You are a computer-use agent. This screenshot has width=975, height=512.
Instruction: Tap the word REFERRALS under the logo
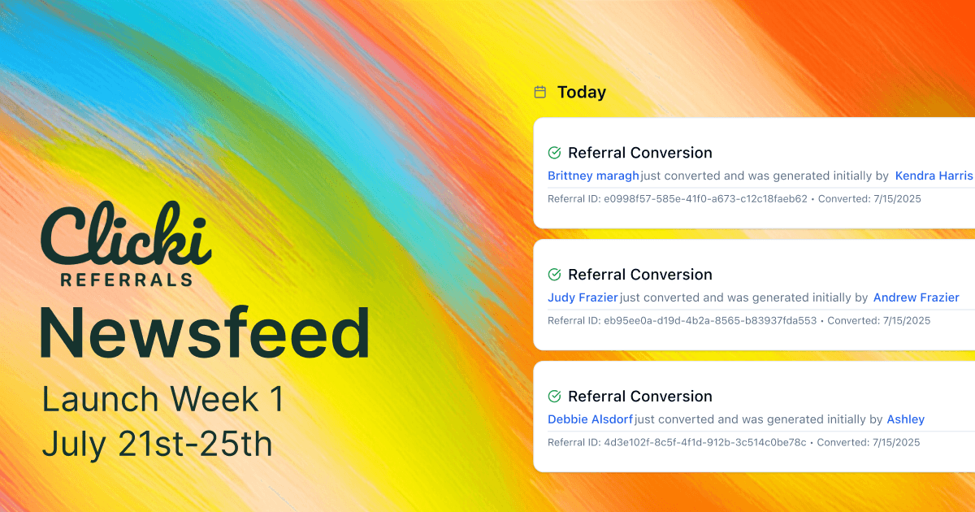pos(126,280)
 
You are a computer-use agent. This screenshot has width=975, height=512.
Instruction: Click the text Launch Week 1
pos(163,400)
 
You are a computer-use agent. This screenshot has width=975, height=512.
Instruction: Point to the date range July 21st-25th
pos(157,444)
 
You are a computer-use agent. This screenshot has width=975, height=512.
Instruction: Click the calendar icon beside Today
pos(539,93)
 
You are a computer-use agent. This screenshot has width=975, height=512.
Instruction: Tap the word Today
pos(582,93)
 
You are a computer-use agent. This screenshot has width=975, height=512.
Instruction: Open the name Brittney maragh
pos(593,176)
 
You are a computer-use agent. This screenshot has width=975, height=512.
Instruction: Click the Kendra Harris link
pos(934,176)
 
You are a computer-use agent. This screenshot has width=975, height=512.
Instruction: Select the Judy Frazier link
pos(583,297)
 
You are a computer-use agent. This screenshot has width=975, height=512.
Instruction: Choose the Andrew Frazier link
pos(916,297)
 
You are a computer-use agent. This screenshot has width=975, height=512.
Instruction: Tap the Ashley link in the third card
pos(905,419)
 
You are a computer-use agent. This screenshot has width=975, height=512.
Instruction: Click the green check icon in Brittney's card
pos(555,153)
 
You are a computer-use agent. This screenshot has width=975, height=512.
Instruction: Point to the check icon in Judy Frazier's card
pos(555,275)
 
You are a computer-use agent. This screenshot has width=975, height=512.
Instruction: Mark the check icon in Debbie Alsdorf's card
pos(555,397)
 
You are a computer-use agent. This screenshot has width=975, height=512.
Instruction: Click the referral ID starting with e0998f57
pos(705,198)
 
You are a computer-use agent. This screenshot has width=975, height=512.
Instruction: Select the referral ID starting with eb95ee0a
pos(710,320)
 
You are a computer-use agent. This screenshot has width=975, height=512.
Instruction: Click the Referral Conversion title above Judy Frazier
pos(640,275)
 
